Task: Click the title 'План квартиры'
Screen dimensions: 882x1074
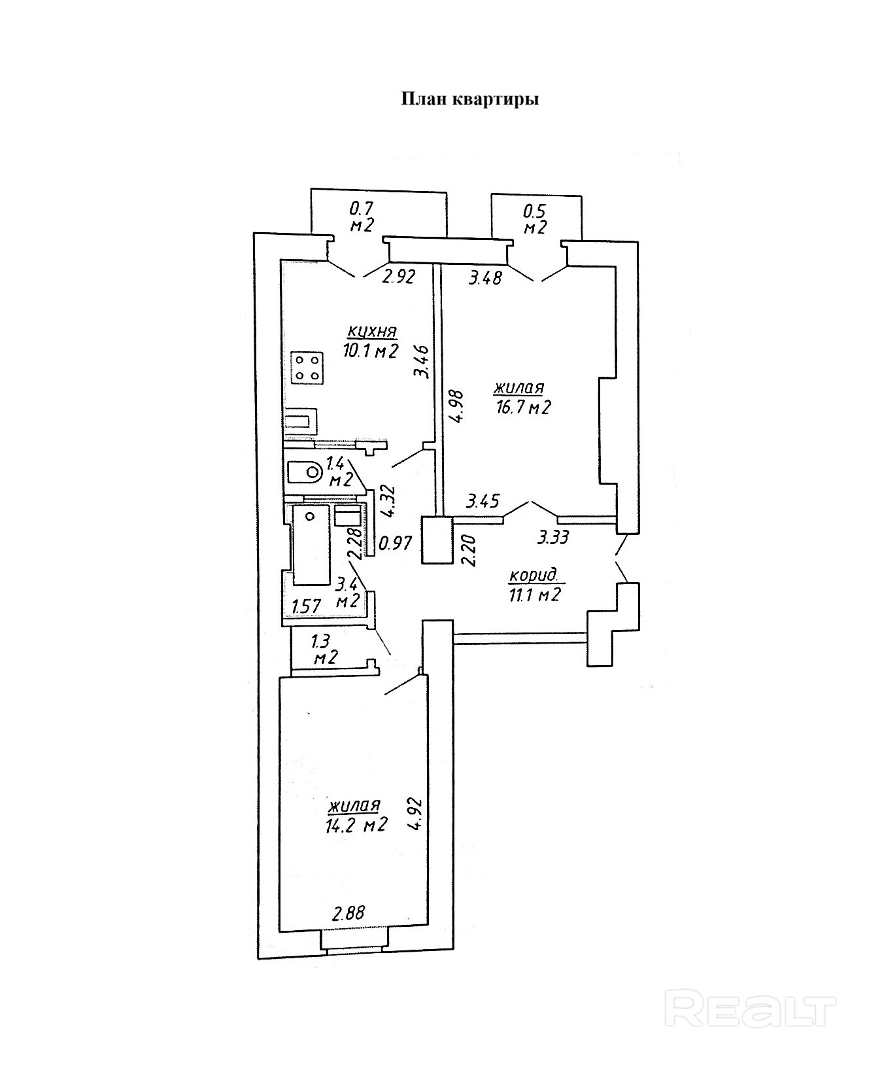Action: pos(469,99)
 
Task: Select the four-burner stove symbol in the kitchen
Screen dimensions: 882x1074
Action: pos(307,367)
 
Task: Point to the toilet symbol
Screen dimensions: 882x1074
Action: pos(304,471)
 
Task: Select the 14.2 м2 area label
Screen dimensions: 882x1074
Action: pos(357,825)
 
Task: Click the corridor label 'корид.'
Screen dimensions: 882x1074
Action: pos(534,576)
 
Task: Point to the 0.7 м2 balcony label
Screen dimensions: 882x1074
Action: pos(362,217)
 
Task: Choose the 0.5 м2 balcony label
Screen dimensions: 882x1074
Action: pos(535,219)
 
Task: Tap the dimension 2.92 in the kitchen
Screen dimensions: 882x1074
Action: pos(399,277)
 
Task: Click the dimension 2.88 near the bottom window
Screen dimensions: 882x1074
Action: pos(348,912)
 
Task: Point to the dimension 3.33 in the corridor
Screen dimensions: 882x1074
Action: pos(553,538)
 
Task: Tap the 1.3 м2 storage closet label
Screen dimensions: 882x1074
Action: pos(324,649)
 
